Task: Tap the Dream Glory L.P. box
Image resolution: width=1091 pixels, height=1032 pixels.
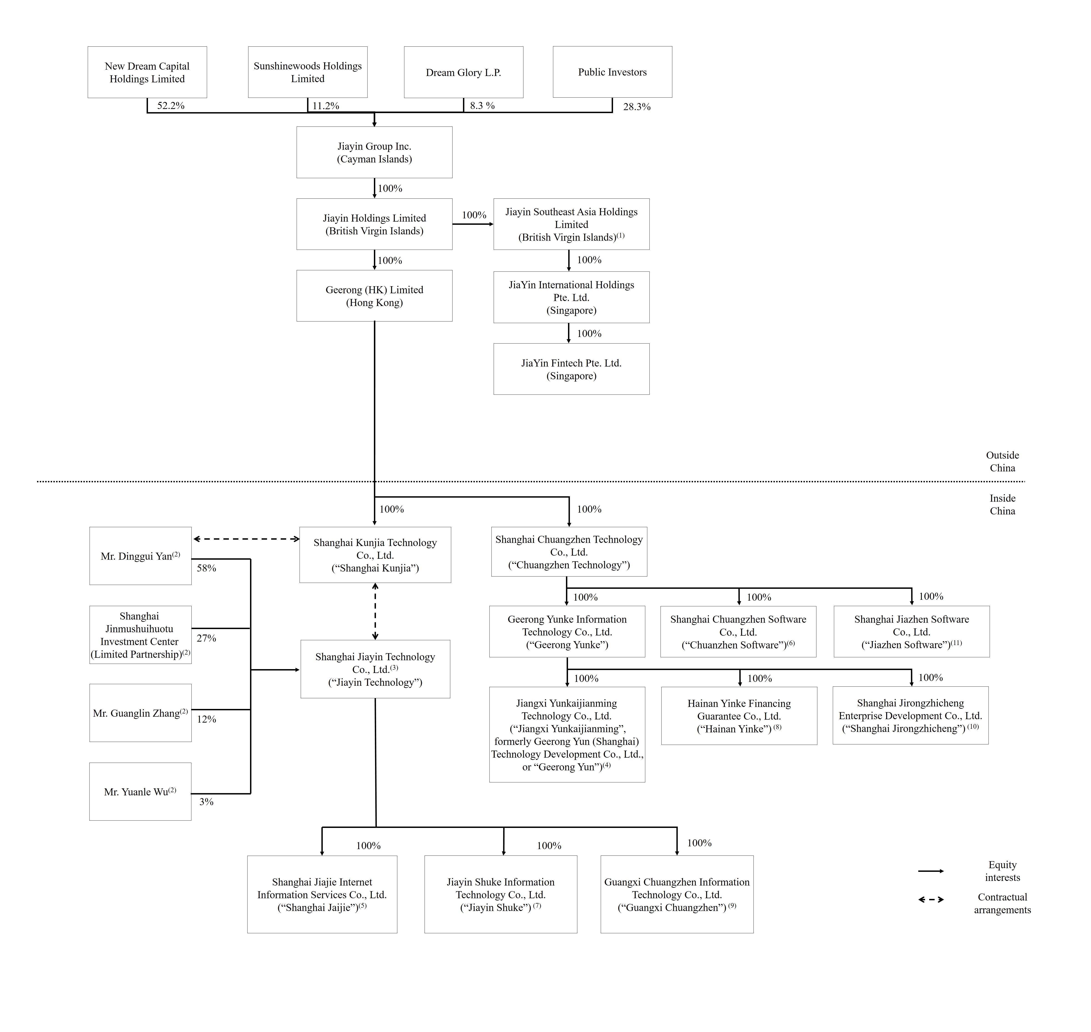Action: [x=463, y=72]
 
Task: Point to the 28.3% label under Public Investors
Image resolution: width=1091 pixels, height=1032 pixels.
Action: [x=636, y=107]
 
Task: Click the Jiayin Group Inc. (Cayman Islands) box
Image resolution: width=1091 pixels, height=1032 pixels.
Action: [x=374, y=152]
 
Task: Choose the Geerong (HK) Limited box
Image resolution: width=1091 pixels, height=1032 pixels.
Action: [x=374, y=296]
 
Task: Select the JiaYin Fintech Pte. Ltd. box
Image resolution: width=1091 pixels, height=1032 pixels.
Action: [x=571, y=369]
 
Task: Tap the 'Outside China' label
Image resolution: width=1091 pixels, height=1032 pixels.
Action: [x=1002, y=462]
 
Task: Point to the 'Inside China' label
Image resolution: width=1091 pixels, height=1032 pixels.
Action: [x=1002, y=504]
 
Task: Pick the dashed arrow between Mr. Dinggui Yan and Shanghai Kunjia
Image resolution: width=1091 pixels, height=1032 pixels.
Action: [x=246, y=539]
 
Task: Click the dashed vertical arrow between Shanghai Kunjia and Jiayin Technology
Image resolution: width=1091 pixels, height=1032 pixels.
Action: [x=375, y=611]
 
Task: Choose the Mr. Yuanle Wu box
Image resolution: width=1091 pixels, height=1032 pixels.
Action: [x=140, y=792]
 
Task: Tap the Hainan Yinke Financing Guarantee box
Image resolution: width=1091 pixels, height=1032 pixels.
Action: [x=739, y=716]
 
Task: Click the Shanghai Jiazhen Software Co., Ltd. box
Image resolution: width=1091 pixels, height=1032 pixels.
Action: [x=911, y=632]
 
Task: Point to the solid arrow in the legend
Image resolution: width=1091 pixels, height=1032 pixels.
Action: [x=931, y=871]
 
